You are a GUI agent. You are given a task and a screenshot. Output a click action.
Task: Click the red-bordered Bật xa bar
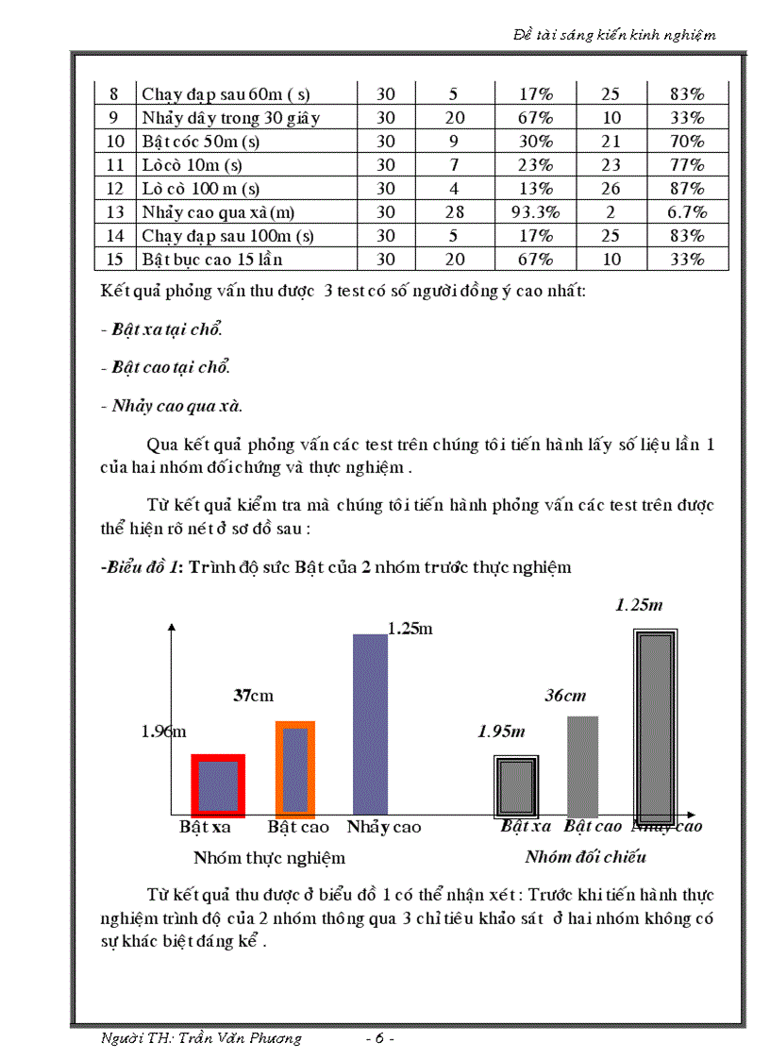218,786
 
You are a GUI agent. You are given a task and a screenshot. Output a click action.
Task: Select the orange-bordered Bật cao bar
294,768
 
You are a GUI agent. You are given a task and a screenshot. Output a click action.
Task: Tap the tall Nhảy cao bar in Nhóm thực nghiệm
370,723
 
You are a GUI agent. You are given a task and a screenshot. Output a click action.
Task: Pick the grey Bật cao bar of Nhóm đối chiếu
582,766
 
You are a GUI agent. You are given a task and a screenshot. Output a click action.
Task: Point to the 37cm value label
253,696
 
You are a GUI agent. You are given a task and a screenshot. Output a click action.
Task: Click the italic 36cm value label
565,696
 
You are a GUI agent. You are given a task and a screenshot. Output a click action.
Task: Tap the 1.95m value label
501,731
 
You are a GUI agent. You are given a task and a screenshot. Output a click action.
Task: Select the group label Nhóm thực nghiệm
269,858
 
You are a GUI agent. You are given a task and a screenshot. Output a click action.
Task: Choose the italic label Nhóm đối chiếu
585,857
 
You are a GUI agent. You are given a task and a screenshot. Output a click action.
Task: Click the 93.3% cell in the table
535,212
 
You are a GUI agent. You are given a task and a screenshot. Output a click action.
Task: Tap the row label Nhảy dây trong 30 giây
231,118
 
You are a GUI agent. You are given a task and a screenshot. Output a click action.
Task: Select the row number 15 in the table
115,260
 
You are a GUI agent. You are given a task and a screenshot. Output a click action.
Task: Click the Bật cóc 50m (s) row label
200,142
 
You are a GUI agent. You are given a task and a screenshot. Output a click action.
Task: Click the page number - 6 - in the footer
378,1038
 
